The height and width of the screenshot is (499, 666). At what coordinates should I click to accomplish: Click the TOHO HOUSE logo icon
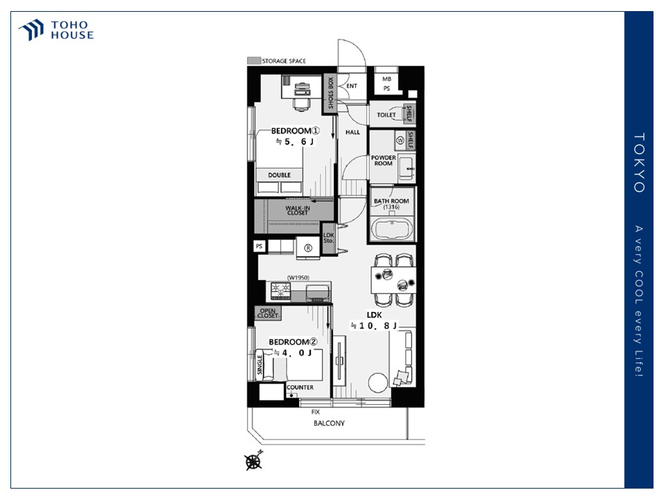tap(31, 30)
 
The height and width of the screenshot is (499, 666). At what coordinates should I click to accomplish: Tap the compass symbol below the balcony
tap(254, 462)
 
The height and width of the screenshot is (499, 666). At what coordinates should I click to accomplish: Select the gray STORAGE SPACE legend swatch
tap(254, 61)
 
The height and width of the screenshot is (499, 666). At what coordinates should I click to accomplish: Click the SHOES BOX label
tap(330, 93)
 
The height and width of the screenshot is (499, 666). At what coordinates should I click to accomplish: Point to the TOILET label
tap(386, 114)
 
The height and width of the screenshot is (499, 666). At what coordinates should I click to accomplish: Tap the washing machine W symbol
tap(400, 140)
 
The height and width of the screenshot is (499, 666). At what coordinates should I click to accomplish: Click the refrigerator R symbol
tap(308, 248)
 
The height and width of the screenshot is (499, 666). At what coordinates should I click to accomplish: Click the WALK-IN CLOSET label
tap(298, 211)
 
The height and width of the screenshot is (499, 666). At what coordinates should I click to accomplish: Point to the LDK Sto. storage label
tap(329, 238)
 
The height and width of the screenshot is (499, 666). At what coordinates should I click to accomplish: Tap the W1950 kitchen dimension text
tap(298, 277)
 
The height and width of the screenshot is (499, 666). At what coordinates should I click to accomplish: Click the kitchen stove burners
tap(281, 290)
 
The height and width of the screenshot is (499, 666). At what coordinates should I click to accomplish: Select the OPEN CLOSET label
tap(268, 313)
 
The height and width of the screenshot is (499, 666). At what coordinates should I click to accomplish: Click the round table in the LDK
tap(378, 383)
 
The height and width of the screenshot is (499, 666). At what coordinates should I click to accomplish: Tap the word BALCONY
tap(329, 423)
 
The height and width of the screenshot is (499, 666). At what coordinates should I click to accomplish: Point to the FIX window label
tap(316, 412)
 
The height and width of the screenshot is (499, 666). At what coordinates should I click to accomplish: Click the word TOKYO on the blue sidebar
tap(639, 163)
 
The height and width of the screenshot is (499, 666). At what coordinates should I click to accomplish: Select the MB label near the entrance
tap(386, 79)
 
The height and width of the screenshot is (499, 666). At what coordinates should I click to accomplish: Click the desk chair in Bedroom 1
tap(301, 105)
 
